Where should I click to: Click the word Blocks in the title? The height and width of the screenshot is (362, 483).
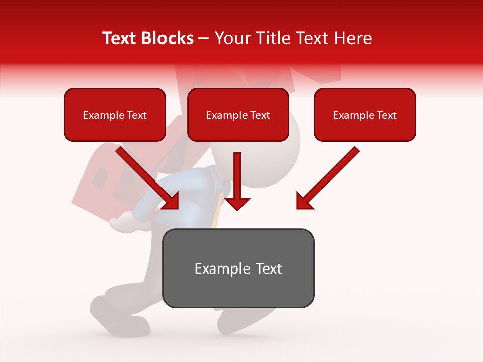pos(169,38)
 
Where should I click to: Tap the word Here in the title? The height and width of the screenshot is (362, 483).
pos(352,38)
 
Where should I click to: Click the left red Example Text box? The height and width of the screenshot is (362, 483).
pos(115,115)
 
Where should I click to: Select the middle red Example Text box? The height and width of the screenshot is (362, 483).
pos(238,115)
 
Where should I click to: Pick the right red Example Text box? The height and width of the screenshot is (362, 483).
pos(365,115)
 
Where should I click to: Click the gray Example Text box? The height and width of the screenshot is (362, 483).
pos(238,268)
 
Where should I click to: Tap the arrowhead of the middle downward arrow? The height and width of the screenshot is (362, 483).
pos(237,203)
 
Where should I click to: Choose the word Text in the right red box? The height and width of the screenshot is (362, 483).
pos(386,115)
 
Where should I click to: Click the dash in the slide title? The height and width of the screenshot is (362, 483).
pos(204,39)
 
